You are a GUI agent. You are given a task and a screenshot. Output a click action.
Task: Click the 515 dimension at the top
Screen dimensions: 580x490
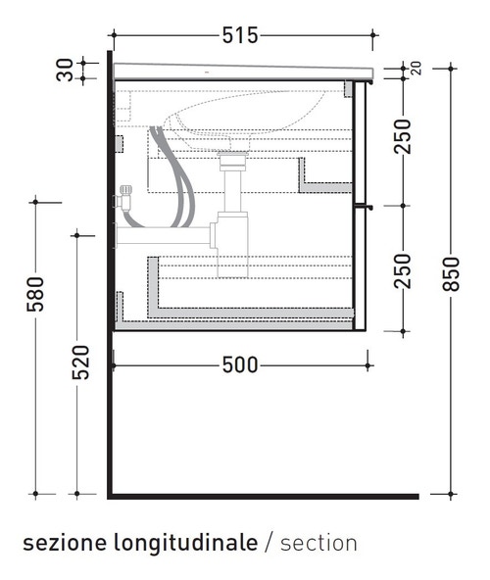point(239,36)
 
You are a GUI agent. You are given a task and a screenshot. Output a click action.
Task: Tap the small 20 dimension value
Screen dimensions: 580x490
point(416,69)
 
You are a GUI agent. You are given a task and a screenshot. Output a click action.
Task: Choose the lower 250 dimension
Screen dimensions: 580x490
point(401,269)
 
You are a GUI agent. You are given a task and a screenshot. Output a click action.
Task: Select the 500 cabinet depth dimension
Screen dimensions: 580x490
point(239,365)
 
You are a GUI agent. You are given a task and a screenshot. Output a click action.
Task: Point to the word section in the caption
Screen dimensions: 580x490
point(318,542)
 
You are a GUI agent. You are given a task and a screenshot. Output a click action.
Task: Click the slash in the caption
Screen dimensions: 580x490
point(269,542)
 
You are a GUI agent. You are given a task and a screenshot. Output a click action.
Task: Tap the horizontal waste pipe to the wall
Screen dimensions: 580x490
point(162,235)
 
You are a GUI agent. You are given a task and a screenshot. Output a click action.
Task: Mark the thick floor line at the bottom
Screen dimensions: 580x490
point(265,497)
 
